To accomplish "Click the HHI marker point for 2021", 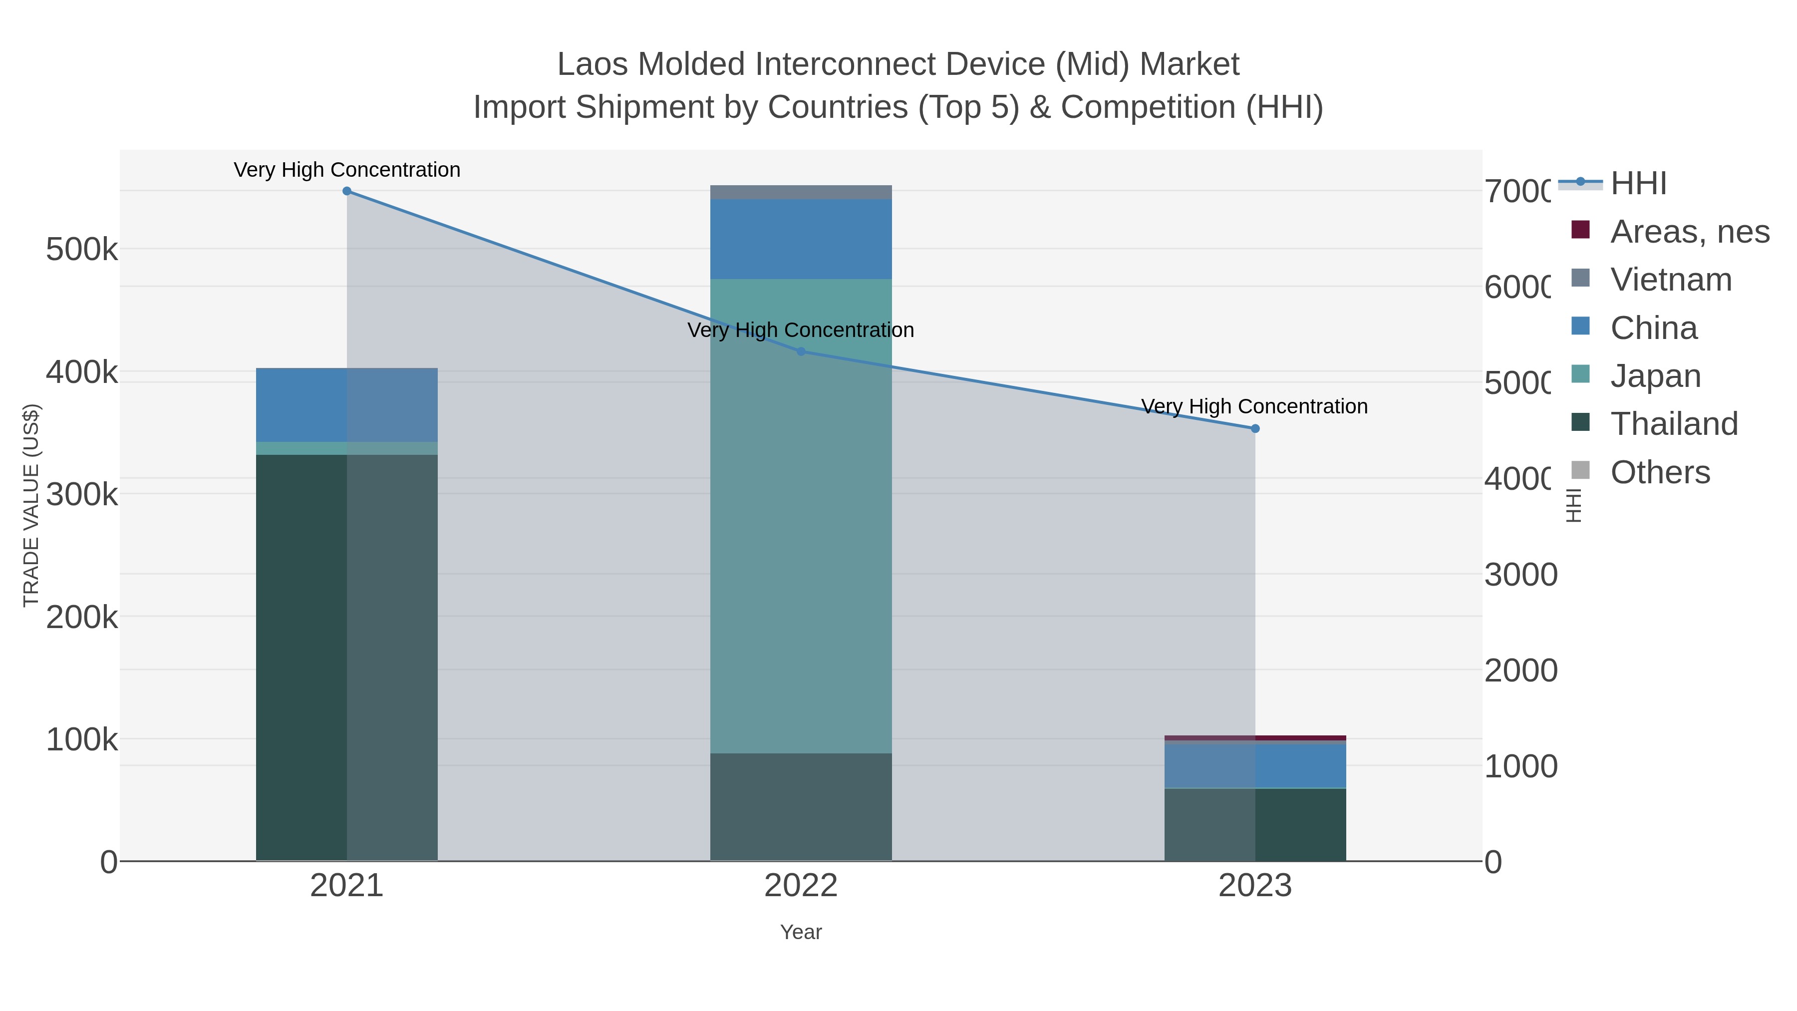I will tap(347, 191).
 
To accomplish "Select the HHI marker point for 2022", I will tap(801, 351).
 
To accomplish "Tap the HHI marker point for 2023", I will tap(1255, 428).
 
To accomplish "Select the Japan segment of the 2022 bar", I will tap(801, 516).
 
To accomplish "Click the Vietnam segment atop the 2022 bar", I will tap(801, 192).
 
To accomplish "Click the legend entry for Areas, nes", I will tap(1689, 232).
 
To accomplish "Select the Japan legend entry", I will tap(1655, 376).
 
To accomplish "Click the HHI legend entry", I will tap(1637, 184).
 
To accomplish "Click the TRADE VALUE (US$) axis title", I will tap(31, 505).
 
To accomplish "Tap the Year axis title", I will tap(801, 932).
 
